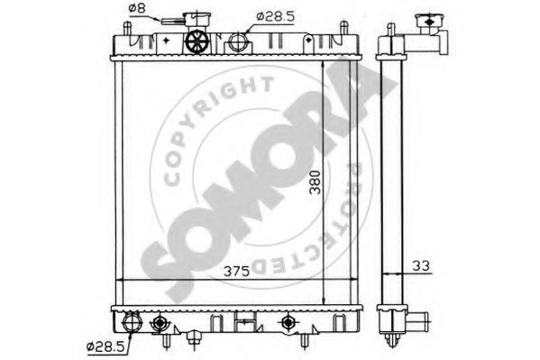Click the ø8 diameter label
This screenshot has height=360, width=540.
tap(137, 8)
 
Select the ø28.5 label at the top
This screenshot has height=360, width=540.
tap(276, 16)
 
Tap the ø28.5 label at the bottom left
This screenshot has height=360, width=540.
tap(105, 346)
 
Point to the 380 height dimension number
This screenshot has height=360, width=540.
tap(315, 182)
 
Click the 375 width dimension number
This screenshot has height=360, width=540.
tap(236, 272)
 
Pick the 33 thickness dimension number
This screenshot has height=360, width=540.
tap(421, 266)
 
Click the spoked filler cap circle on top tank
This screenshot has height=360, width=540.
tap(197, 42)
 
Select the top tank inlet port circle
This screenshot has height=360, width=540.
tap(238, 42)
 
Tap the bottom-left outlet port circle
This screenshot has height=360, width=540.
tap(133, 322)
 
